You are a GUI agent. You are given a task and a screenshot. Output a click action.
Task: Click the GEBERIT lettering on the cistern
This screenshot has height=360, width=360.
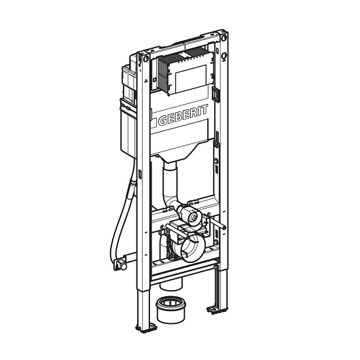pyautogui.click(x=183, y=115)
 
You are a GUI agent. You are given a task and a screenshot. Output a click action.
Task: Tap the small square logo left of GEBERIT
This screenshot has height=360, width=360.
pyautogui.click(x=154, y=122)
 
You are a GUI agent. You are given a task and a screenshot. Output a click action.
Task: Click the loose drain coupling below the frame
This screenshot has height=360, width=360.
pyautogui.click(x=170, y=310)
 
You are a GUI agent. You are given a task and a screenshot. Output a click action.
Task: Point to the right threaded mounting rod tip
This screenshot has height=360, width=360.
pyautogui.click(x=223, y=228)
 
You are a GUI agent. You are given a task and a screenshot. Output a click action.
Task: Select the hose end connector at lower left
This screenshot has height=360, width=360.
pyautogui.click(x=120, y=264)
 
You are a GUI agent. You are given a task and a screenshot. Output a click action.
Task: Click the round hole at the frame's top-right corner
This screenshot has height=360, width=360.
pyautogui.click(x=224, y=37)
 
